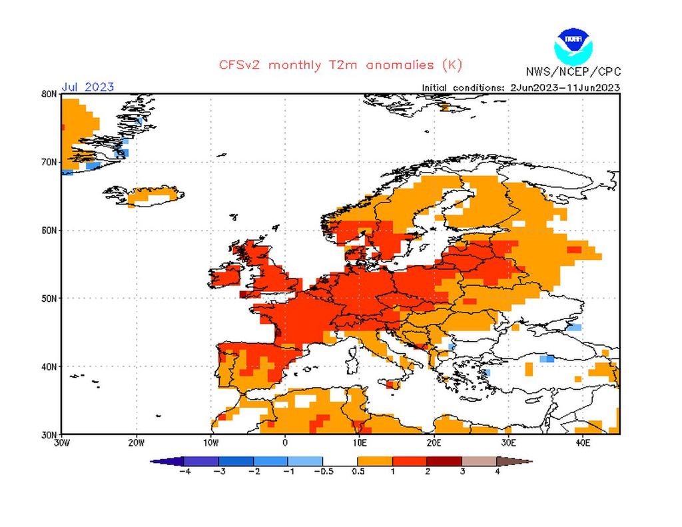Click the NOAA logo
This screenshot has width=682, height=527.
click(x=572, y=45)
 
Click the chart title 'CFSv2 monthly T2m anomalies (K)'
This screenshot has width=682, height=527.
click(x=340, y=65)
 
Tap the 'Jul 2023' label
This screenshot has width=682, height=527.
click(x=87, y=87)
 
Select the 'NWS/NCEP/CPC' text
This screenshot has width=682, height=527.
click(x=573, y=71)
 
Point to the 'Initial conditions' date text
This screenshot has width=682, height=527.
click(x=521, y=87)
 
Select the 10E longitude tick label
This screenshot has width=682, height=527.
click(x=359, y=442)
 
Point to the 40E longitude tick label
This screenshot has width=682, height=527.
click(x=582, y=442)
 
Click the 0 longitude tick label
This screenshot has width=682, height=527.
click(x=285, y=442)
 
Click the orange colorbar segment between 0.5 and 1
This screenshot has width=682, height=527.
click(x=375, y=460)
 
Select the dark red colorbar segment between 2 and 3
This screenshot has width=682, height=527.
click(x=444, y=460)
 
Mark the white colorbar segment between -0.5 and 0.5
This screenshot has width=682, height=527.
click(x=340, y=460)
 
